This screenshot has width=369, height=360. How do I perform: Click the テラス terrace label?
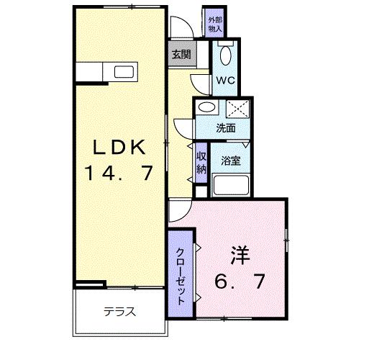click(119, 312)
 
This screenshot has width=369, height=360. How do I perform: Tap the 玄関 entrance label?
click(180, 53)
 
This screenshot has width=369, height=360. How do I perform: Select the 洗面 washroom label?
click(225, 128)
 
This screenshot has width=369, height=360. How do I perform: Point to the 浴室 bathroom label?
click(230, 161)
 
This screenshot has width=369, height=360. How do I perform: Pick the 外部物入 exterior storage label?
click(214, 23)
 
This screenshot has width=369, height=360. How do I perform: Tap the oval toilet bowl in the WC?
click(225, 55)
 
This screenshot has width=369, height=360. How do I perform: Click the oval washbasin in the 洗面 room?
click(207, 108)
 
